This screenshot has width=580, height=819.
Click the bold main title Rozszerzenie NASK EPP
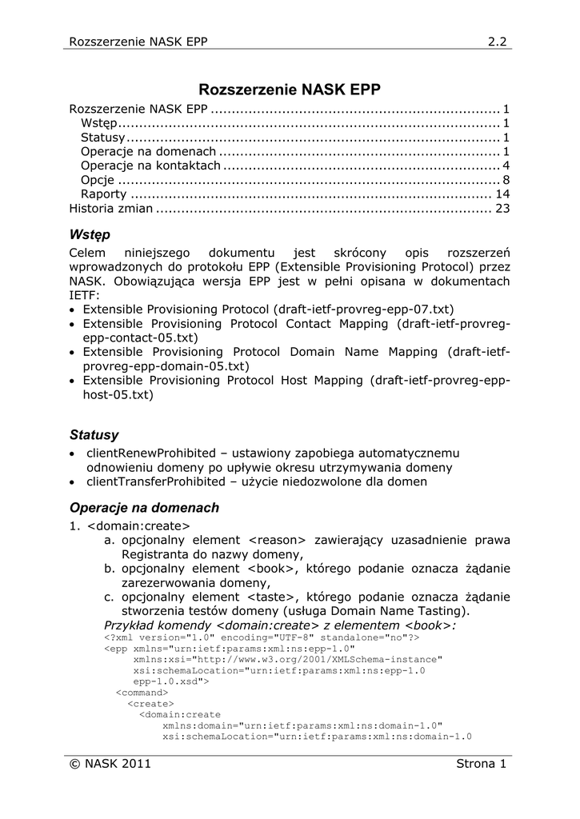[x=290, y=90]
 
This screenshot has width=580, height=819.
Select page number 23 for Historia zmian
[x=502, y=209]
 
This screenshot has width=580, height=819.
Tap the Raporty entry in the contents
[x=103, y=194]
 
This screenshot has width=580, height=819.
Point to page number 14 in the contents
[x=502, y=194]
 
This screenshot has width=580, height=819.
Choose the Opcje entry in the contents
[x=97, y=180]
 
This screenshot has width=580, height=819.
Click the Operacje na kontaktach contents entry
[x=150, y=166]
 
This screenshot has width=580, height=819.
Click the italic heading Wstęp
[x=90, y=235]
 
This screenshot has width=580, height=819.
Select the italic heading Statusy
[x=94, y=436]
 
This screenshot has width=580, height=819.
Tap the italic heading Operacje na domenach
[x=144, y=508]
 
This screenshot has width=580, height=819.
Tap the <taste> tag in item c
[x=272, y=597]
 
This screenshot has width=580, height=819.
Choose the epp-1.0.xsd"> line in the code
[x=171, y=681]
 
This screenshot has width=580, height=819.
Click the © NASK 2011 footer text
[x=110, y=764]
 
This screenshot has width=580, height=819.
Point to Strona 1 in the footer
[x=481, y=764]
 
